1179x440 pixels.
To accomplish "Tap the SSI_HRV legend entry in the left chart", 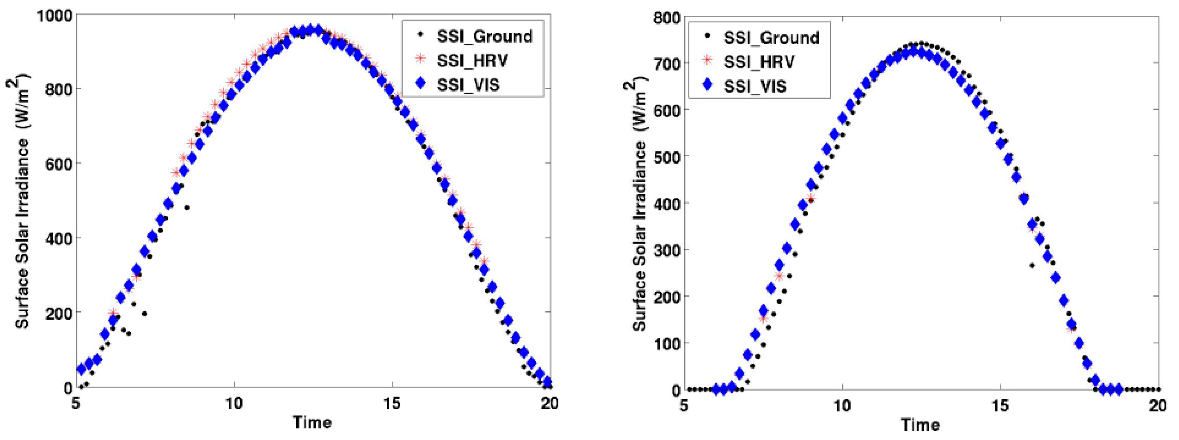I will pos(471,60).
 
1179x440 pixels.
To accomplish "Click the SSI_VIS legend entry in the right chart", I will pos(754,86).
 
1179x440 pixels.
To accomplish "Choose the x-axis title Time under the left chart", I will pos(312,422).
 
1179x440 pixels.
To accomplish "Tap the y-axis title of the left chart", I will pos(22,201).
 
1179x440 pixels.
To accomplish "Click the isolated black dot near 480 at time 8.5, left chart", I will pos(187,208).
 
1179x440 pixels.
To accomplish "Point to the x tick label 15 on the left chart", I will pos(392,403).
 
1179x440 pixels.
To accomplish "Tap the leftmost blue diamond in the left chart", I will pos(81,369).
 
